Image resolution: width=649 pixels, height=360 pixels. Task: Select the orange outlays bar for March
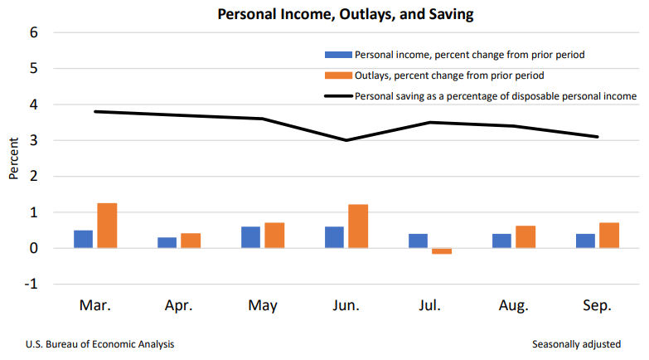(x=107, y=226)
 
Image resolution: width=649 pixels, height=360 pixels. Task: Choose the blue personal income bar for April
(x=167, y=242)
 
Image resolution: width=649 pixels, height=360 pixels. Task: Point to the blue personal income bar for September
(x=586, y=241)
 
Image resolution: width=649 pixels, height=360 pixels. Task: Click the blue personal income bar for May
(x=250, y=237)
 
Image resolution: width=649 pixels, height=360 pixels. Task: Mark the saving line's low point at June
(x=346, y=140)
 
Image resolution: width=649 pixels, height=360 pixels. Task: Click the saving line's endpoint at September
(x=597, y=137)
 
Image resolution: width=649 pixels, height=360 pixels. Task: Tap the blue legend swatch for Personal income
(x=337, y=55)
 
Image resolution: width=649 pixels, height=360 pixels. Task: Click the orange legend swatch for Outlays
(x=337, y=75)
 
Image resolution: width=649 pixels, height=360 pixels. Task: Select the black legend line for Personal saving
(x=337, y=96)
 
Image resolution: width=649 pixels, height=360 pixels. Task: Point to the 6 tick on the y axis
(x=33, y=33)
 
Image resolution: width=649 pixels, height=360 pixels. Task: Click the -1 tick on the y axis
(x=31, y=285)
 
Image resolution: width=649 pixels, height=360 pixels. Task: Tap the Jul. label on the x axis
(x=429, y=305)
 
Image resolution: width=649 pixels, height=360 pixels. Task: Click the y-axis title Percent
(x=13, y=158)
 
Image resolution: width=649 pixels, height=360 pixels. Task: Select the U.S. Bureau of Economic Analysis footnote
(x=100, y=343)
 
